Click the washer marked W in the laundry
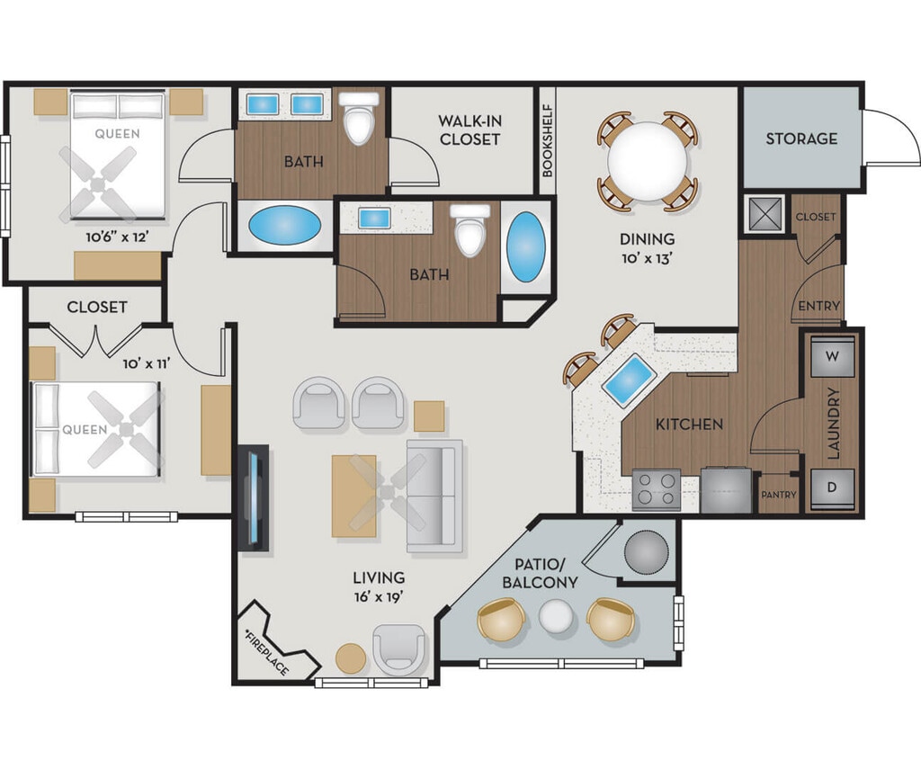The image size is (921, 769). [x=832, y=356]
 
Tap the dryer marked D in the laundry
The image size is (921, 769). [x=832, y=488]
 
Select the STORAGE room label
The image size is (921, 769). [x=801, y=139]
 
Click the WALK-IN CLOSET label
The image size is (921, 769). [x=469, y=130]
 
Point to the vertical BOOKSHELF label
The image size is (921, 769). [x=548, y=140]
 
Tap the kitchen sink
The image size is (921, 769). [x=629, y=380]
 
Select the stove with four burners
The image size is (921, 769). [x=656, y=489]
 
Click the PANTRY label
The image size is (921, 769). [x=778, y=495]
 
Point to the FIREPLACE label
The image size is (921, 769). [x=268, y=653]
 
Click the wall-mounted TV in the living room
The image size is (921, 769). [x=254, y=497]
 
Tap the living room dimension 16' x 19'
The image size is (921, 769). [x=379, y=597]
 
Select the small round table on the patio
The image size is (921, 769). [x=556, y=616]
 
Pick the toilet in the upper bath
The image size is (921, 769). [x=358, y=118]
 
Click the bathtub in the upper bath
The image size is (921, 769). [x=285, y=226]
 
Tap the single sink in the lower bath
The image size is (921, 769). [x=374, y=218]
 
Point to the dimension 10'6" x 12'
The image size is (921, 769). [x=118, y=237]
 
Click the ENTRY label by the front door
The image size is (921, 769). [x=818, y=306]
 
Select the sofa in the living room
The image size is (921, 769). [x=434, y=496]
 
